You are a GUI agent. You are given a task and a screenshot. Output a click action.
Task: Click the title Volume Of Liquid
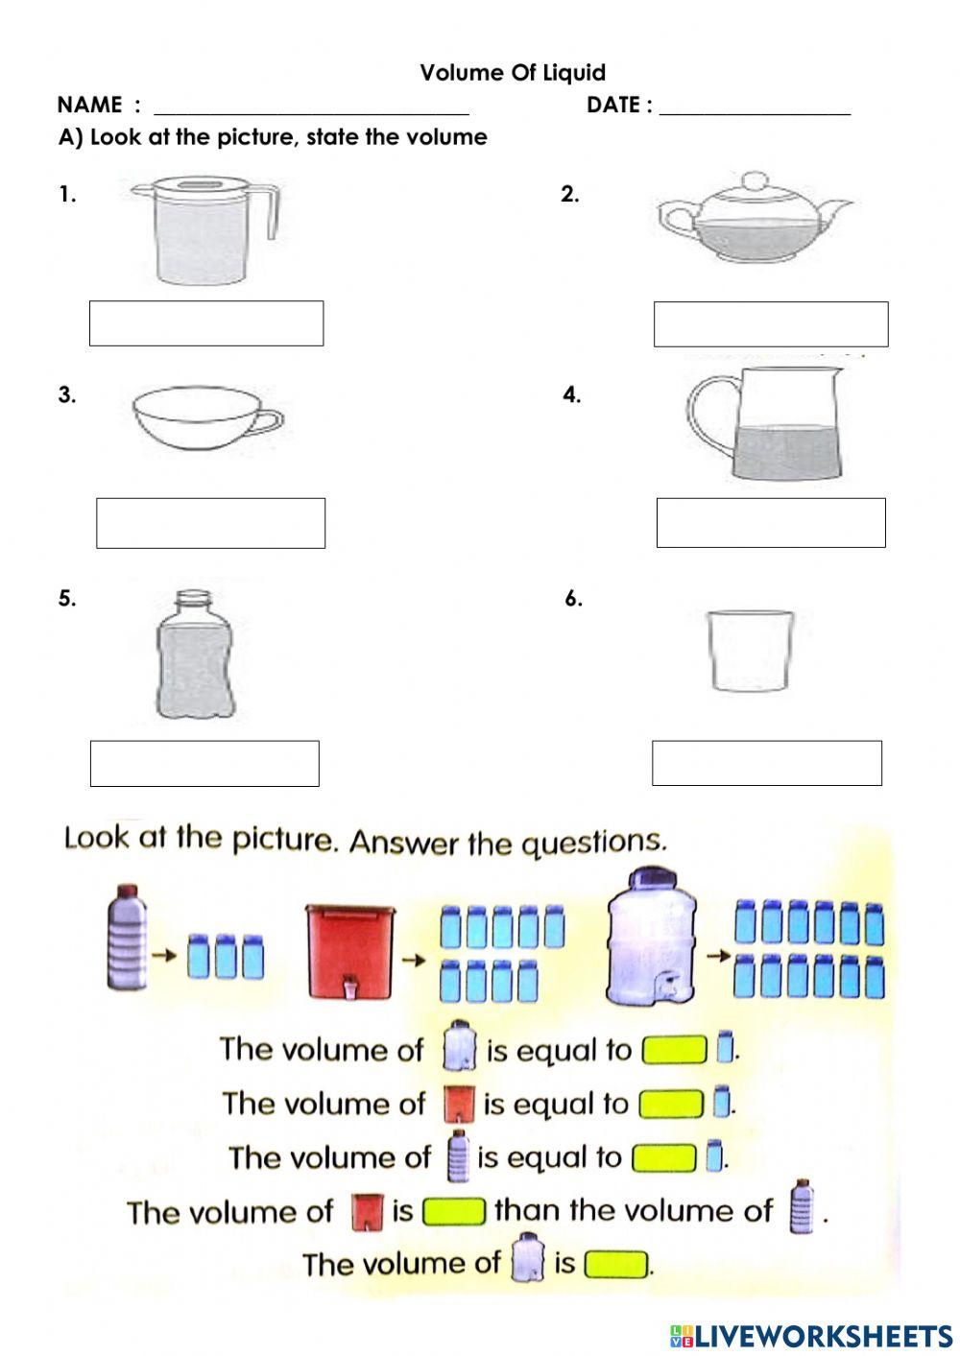coord(513,73)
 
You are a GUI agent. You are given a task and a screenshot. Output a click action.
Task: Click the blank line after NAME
coord(312,113)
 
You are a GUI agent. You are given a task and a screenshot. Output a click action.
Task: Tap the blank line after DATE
coord(755,113)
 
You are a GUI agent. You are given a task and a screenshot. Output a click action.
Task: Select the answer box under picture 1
coord(206,323)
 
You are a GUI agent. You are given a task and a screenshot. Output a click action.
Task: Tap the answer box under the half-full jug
coord(771,523)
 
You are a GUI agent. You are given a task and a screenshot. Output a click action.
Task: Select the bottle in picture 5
coord(196,655)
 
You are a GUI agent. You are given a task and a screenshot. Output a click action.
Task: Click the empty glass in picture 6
coord(750,650)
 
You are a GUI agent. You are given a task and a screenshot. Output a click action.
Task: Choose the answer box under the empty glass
coord(767,763)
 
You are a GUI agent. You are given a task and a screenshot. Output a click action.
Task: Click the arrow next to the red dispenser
coord(414,960)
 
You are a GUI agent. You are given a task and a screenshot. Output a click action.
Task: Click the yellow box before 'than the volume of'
coord(454,1212)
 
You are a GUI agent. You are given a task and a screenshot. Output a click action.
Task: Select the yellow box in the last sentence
coord(616,1264)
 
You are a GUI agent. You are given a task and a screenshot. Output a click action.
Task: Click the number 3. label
coord(67,395)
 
